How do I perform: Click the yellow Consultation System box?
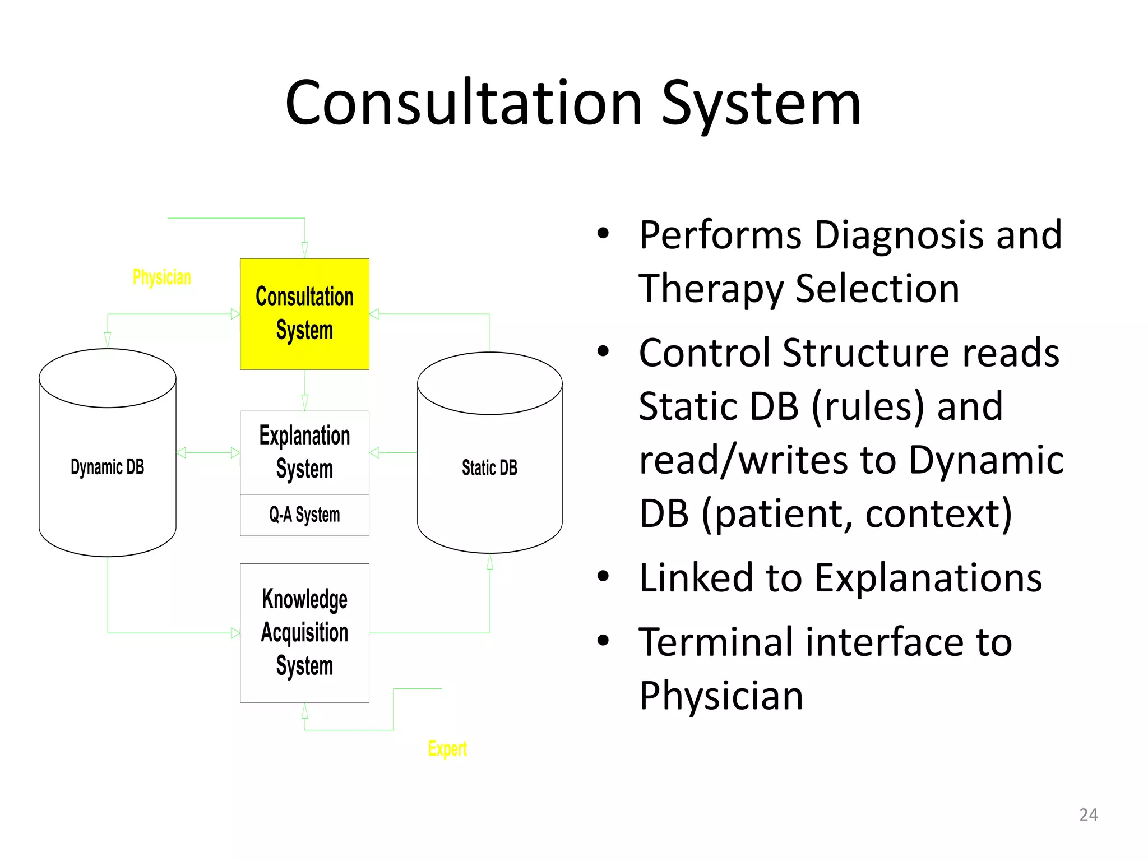[304, 314]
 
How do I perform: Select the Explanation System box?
[304, 452]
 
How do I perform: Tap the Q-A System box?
[304, 515]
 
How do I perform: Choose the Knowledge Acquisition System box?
[304, 632]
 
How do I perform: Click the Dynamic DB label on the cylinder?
[107, 467]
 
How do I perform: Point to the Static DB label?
[489, 467]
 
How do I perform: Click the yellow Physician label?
[161, 277]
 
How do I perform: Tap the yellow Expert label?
[447, 748]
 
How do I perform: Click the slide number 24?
[1088, 814]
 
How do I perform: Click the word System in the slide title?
[761, 104]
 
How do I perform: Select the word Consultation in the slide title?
[464, 104]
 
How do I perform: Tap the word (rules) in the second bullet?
[867, 406]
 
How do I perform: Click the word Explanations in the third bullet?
[928, 577]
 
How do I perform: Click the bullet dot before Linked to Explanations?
[603, 576]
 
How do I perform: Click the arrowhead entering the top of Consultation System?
[304, 250]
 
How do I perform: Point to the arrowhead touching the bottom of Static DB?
[490, 562]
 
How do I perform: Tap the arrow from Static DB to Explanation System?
[392, 452]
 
